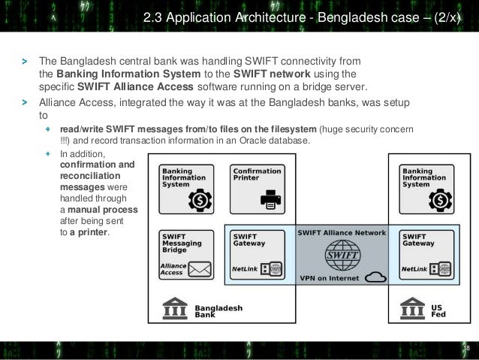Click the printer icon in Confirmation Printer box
pos(271,199)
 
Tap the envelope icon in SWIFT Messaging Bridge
pos(200,269)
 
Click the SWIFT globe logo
pos(342,255)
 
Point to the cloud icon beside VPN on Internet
pos(375,277)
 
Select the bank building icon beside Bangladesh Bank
pos(175,308)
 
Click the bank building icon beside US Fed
pos(412,308)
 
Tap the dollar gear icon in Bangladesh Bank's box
pos(200,201)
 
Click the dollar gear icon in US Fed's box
pos(441,201)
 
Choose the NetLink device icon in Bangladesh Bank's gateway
pos(271,269)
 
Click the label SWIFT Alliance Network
pos(342,233)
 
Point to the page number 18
pos(466,348)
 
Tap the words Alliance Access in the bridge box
pos(173,269)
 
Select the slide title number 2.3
pos(152,17)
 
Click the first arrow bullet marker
pos(25,62)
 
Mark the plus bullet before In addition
pos(47,153)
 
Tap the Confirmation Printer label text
pos(257,174)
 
